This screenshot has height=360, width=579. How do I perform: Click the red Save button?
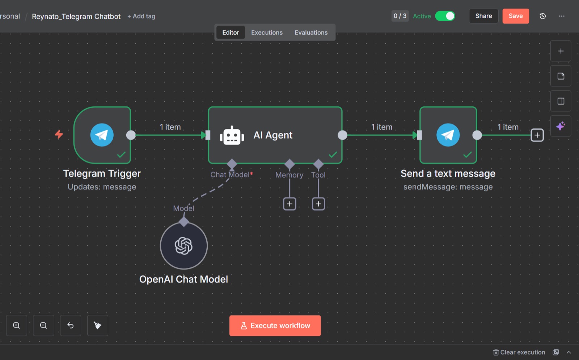click(x=516, y=16)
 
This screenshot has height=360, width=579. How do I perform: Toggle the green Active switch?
click(x=445, y=16)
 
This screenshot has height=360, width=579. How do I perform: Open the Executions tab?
click(x=267, y=33)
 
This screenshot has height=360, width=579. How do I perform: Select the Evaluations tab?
click(x=311, y=33)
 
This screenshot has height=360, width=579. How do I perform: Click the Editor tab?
click(x=231, y=33)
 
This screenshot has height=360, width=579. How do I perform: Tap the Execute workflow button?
click(x=275, y=325)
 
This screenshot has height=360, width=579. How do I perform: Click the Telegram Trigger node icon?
click(x=102, y=135)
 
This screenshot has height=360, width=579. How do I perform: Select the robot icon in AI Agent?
click(x=232, y=135)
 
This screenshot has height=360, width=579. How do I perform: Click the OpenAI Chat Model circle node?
click(x=184, y=246)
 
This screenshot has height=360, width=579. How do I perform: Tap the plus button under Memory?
click(x=289, y=204)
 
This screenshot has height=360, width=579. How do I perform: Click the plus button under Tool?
click(x=318, y=204)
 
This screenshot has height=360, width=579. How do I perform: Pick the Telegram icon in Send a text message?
click(x=448, y=135)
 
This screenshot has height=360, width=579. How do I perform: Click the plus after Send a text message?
click(x=537, y=135)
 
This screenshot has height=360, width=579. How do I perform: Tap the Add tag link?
click(x=141, y=16)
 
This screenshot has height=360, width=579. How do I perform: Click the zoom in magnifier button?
click(x=17, y=325)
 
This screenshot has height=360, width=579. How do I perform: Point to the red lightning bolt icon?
click(x=59, y=134)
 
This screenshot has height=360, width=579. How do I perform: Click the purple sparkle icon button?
click(x=561, y=126)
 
